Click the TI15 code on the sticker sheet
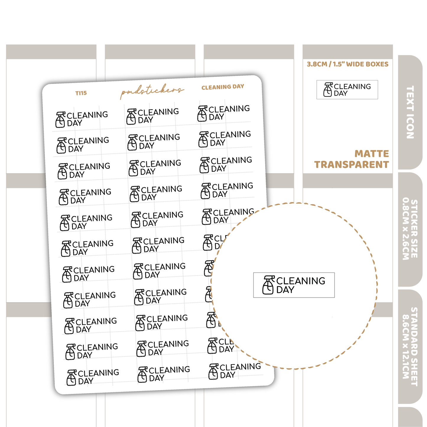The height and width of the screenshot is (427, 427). (x=81, y=93)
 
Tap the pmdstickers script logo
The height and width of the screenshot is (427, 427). (x=152, y=91)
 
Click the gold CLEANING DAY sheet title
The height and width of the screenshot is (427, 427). (x=223, y=87)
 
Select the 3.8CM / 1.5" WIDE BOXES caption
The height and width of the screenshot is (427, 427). (x=348, y=64)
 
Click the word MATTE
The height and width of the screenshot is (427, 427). (x=372, y=154)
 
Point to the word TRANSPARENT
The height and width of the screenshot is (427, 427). (x=351, y=164)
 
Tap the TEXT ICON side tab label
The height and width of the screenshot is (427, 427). (x=410, y=112)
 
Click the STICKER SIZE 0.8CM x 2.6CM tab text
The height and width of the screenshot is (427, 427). (x=410, y=230)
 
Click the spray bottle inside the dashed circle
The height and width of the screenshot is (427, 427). (x=268, y=285)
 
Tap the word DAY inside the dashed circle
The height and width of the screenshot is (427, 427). (x=285, y=290)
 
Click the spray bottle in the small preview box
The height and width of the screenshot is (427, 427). (x=328, y=90)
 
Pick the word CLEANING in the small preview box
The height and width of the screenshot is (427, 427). (x=352, y=86)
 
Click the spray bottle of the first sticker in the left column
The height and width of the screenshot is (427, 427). (x=60, y=120)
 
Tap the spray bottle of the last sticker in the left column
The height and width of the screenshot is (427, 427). (x=72, y=378)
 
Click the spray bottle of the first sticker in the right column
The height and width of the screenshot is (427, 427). (x=202, y=113)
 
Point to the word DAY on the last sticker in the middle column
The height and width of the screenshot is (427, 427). (x=157, y=378)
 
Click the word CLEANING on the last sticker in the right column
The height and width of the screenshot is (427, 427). (x=240, y=367)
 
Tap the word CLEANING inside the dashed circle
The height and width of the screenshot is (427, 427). (x=301, y=281)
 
